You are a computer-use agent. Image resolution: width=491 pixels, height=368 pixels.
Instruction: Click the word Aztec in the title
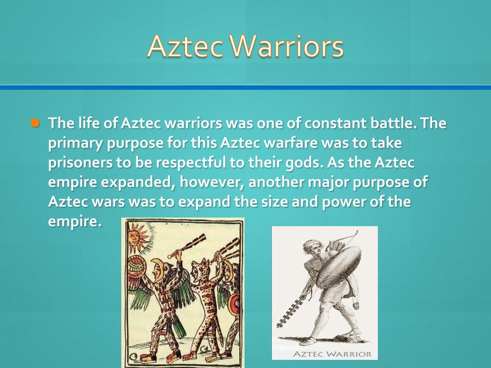185,47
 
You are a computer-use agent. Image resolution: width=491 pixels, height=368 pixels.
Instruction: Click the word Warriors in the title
287,47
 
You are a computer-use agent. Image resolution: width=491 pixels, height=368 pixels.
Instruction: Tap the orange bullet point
35,123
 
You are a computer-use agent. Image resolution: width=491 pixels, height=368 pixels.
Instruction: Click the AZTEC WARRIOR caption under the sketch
332,354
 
